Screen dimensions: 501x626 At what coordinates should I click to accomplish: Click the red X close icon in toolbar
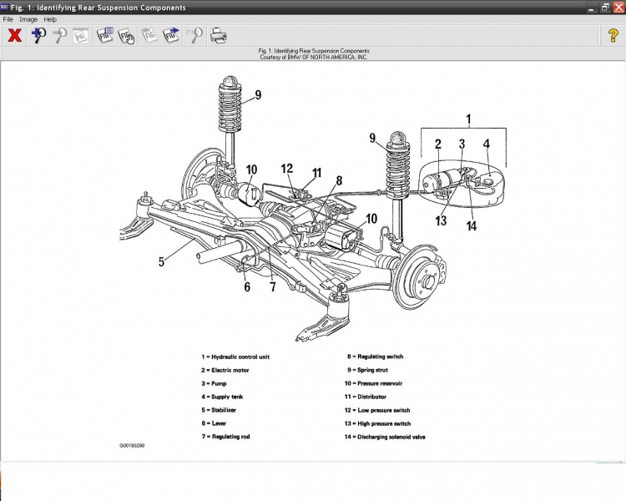[14, 35]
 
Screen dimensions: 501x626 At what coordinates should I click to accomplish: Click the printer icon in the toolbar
[218, 35]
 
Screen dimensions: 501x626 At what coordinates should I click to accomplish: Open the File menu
[8, 18]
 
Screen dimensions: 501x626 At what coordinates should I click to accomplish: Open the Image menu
[28, 18]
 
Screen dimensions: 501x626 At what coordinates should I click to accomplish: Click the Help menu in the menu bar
[50, 18]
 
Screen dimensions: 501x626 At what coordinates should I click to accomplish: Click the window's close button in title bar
[618, 7]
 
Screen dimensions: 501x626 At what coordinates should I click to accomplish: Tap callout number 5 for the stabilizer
[161, 261]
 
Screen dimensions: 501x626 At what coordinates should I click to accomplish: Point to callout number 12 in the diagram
[287, 169]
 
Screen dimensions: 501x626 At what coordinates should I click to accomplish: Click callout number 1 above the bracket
[468, 119]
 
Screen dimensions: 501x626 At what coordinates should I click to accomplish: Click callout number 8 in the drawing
[338, 180]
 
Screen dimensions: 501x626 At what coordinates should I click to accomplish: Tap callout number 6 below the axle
[247, 286]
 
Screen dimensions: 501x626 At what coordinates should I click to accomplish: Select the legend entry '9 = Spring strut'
[368, 370]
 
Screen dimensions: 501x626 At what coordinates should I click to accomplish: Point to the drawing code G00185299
[137, 445]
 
